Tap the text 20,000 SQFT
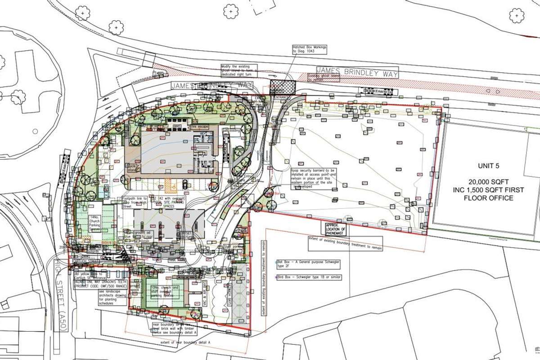click(x=490, y=182)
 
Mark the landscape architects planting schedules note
click(x=108, y=297)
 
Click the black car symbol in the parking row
click(x=185, y=184)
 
